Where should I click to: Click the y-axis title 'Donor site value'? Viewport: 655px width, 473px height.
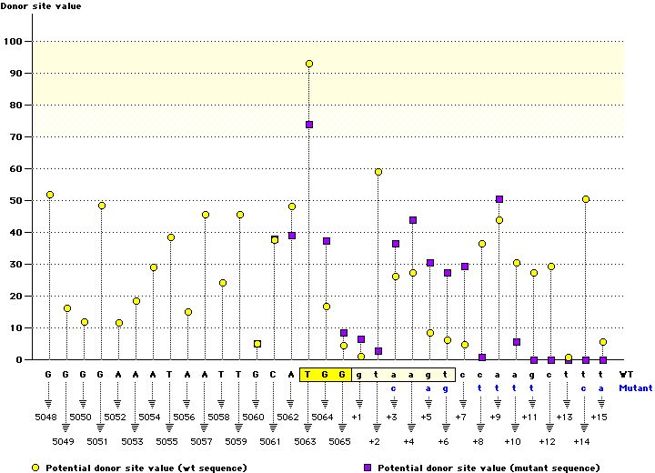tap(40, 6)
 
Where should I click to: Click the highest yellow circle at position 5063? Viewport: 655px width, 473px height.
tap(309, 64)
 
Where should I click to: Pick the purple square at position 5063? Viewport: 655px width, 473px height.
tap(309, 125)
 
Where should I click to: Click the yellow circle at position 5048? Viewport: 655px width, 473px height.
tap(50, 195)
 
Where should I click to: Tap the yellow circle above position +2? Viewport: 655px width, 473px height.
tap(378, 172)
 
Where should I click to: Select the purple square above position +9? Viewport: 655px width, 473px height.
tap(499, 199)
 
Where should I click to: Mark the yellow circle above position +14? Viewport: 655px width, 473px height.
tap(586, 199)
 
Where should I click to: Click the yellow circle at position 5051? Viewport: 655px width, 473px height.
tap(102, 206)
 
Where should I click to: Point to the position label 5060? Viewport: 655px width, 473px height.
tap(254, 417)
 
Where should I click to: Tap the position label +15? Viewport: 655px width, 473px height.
tap(599, 417)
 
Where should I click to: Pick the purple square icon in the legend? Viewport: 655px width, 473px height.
tap(368, 467)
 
